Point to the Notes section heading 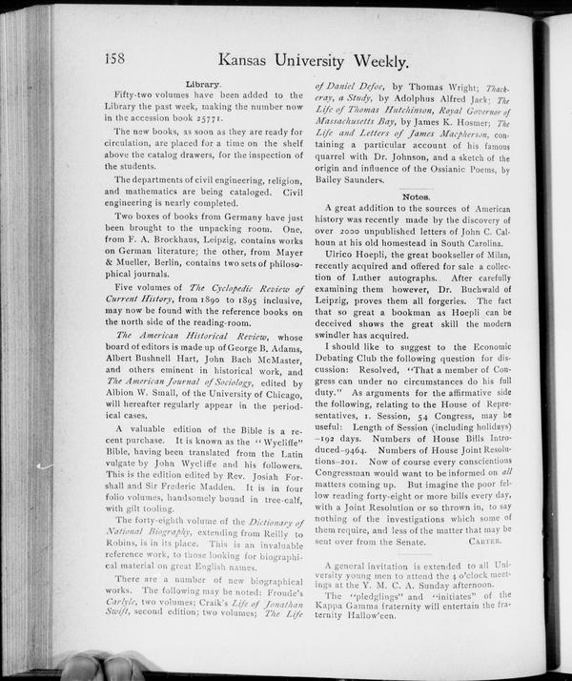[x=416, y=196]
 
